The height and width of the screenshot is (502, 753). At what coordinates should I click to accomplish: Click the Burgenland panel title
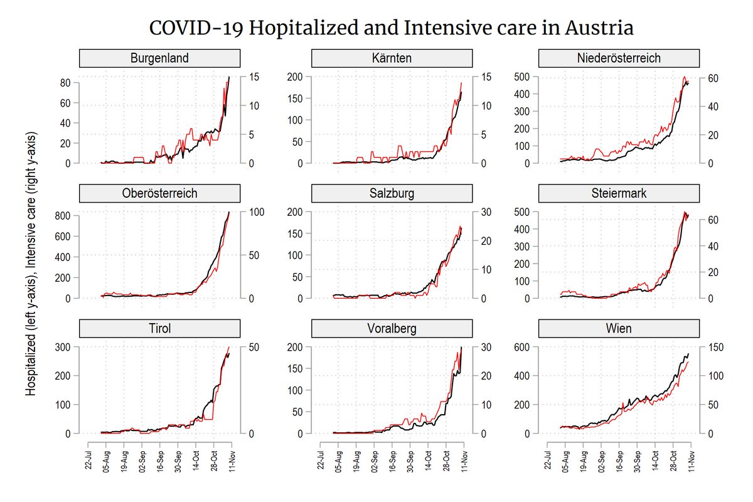click(159, 58)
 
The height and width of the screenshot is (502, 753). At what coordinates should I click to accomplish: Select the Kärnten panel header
click(392, 58)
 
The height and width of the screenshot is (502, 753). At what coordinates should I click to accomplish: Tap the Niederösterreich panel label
click(619, 58)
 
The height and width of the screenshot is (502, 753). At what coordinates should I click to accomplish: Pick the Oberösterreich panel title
click(159, 193)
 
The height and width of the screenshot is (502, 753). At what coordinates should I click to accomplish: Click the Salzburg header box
click(392, 193)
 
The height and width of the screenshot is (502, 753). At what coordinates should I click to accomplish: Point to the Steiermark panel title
click(619, 193)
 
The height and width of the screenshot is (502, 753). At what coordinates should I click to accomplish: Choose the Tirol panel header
click(159, 328)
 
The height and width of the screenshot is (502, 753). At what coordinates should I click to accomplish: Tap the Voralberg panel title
click(392, 328)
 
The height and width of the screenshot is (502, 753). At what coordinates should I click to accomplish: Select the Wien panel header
click(619, 328)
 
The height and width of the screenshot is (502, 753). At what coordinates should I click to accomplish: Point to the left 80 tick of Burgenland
click(65, 83)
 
